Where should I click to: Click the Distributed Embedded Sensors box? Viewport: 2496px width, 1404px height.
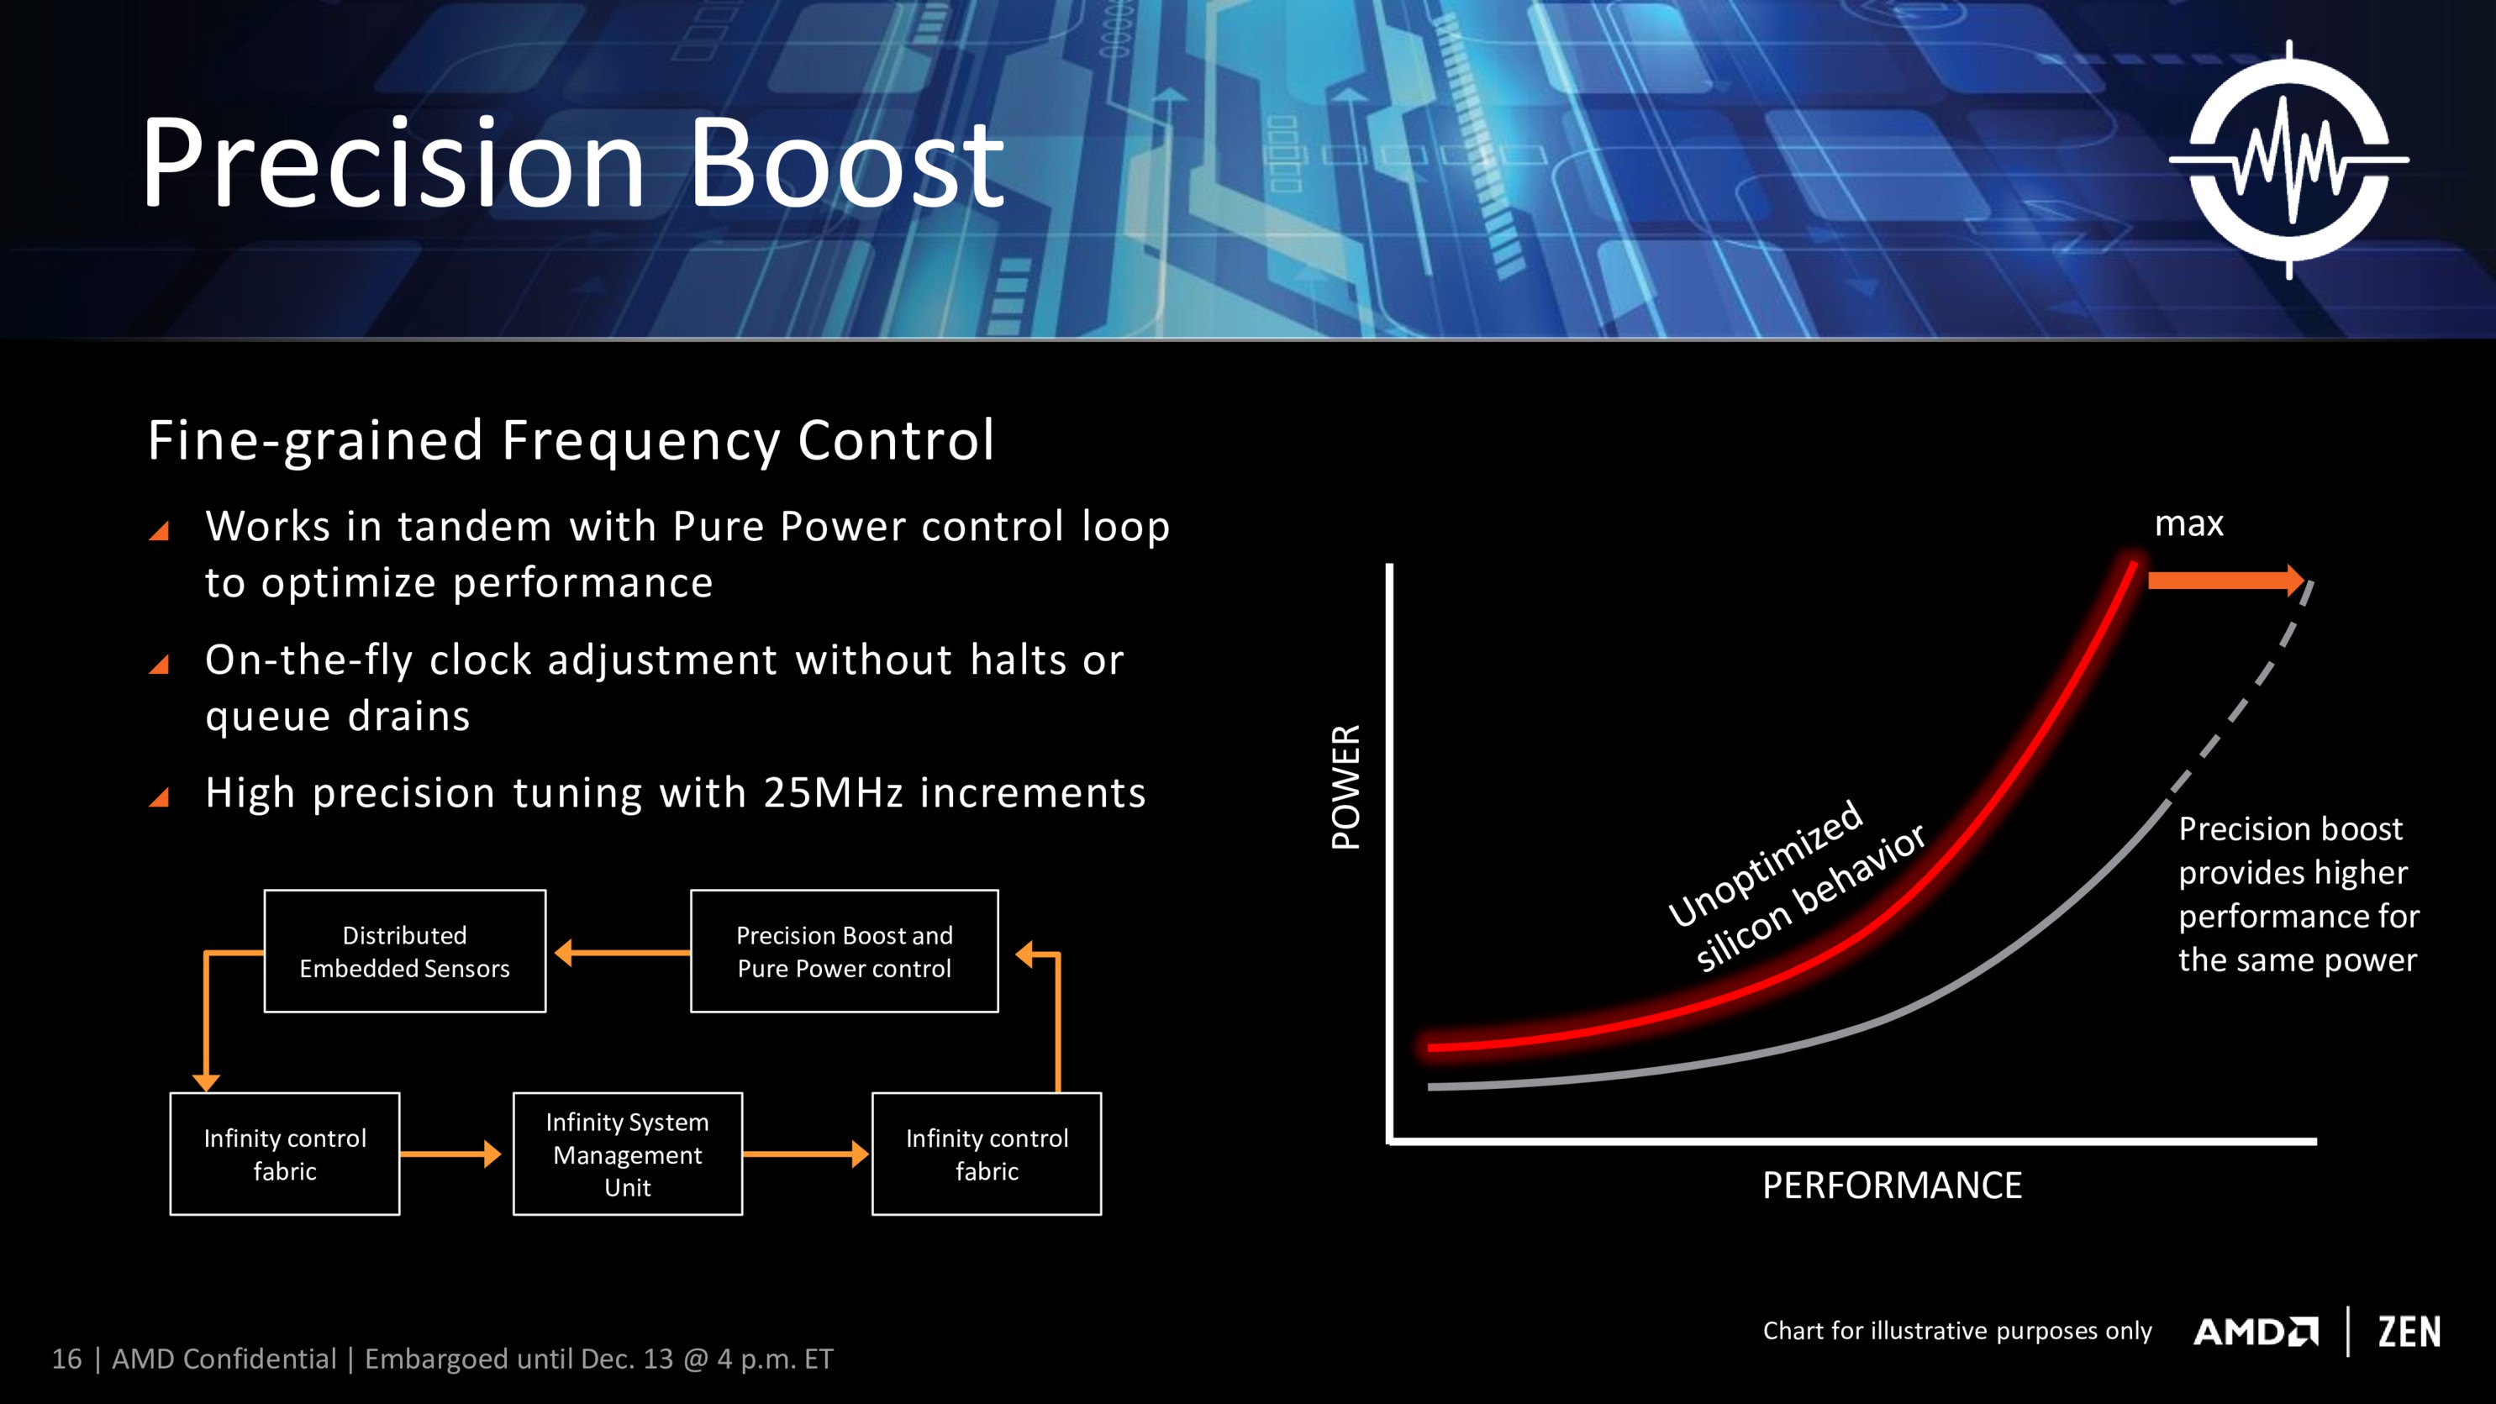click(404, 950)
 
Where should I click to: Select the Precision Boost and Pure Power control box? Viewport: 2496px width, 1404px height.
click(843, 950)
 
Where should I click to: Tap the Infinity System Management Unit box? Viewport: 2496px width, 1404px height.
click(627, 1153)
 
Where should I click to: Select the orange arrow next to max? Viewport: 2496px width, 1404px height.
click(2224, 581)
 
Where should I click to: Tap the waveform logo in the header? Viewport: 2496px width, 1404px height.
click(2288, 160)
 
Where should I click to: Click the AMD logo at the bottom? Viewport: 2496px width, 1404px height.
click(2255, 1332)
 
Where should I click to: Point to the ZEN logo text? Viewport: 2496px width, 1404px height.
click(2409, 1332)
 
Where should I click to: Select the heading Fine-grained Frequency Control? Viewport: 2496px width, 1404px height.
click(571, 440)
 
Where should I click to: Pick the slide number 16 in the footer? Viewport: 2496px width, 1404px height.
click(66, 1359)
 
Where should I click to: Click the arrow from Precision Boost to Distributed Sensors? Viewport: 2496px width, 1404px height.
click(620, 953)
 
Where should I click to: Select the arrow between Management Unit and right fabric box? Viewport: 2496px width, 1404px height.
click(805, 1153)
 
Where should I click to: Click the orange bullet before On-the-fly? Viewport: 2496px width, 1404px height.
click(160, 664)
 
